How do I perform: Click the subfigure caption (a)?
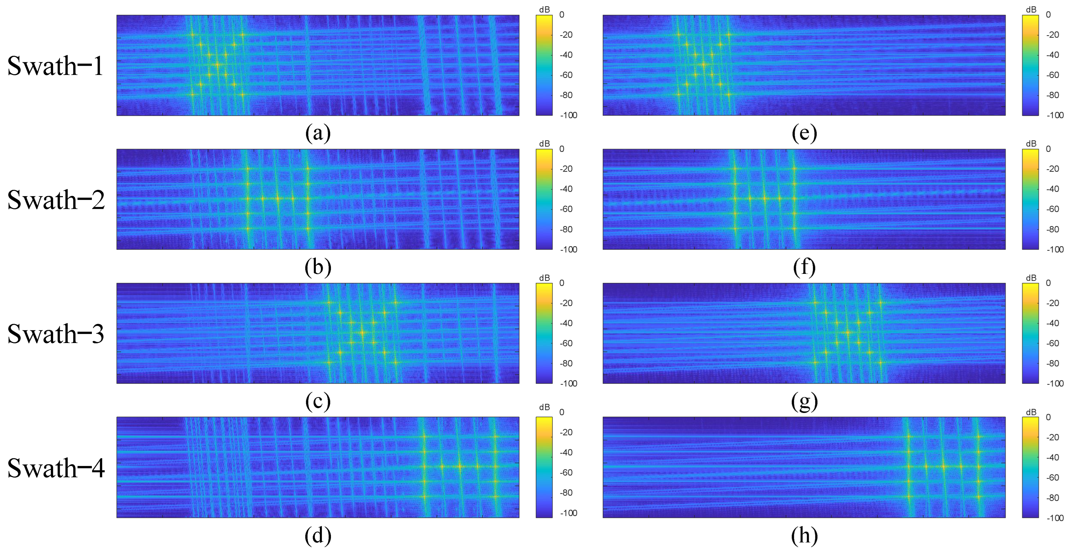pos(318,133)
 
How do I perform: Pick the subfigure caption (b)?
pos(318,267)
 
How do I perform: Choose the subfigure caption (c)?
pos(318,401)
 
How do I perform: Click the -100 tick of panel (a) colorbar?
pos(568,115)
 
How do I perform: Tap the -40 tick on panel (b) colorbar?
pos(566,189)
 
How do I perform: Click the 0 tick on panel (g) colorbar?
pos(1048,283)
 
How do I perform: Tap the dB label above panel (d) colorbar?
pos(544,407)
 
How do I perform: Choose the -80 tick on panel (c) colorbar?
pos(566,363)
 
